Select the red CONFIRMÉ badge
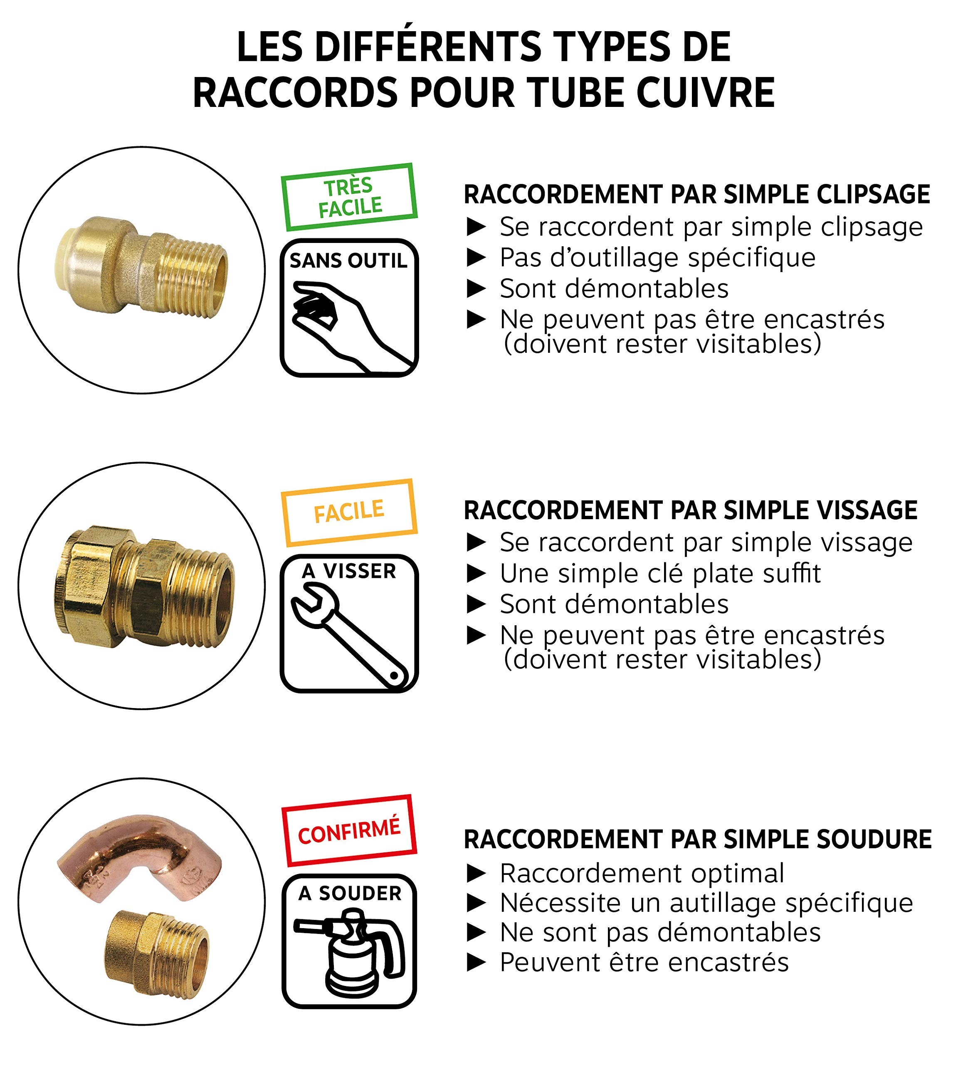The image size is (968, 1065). [x=349, y=830]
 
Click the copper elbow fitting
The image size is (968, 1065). [x=140, y=858]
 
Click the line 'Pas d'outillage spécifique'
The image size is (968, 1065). [x=657, y=258]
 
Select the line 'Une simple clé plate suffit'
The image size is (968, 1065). [x=660, y=573]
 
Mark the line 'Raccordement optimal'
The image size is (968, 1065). [x=642, y=873]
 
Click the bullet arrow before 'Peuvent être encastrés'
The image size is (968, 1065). [x=477, y=963]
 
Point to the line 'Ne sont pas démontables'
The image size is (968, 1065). [x=660, y=932]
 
